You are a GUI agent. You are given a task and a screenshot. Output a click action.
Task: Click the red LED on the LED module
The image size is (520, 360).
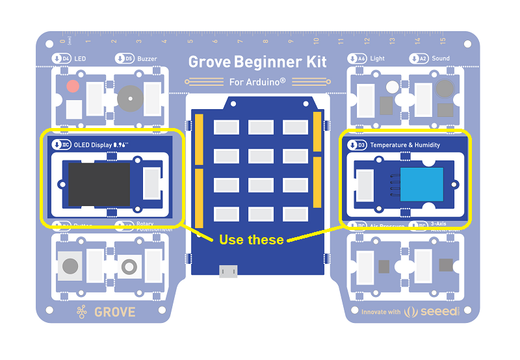point(73,86)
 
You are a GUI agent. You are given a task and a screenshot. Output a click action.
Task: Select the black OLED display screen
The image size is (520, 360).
point(99,184)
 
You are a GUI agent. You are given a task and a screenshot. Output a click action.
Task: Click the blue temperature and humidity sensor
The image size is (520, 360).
point(421,184)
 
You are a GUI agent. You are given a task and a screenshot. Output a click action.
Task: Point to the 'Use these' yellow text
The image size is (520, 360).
point(251,240)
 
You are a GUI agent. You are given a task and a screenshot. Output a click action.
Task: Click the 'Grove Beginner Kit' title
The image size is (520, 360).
point(257,62)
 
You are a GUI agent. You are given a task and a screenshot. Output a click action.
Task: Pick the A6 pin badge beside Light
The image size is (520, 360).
point(357,58)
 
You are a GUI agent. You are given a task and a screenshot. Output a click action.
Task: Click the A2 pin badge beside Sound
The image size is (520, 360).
point(419,58)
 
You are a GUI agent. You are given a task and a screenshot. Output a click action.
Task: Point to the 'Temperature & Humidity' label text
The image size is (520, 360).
point(404,146)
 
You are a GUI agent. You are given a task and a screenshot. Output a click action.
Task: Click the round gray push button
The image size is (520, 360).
point(70,266)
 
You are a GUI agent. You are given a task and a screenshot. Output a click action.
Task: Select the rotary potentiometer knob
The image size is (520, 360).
point(129,266)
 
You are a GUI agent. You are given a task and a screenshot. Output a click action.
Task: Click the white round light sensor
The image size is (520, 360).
point(392,86)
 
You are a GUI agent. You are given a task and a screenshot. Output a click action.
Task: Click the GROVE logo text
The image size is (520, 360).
point(114,312)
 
